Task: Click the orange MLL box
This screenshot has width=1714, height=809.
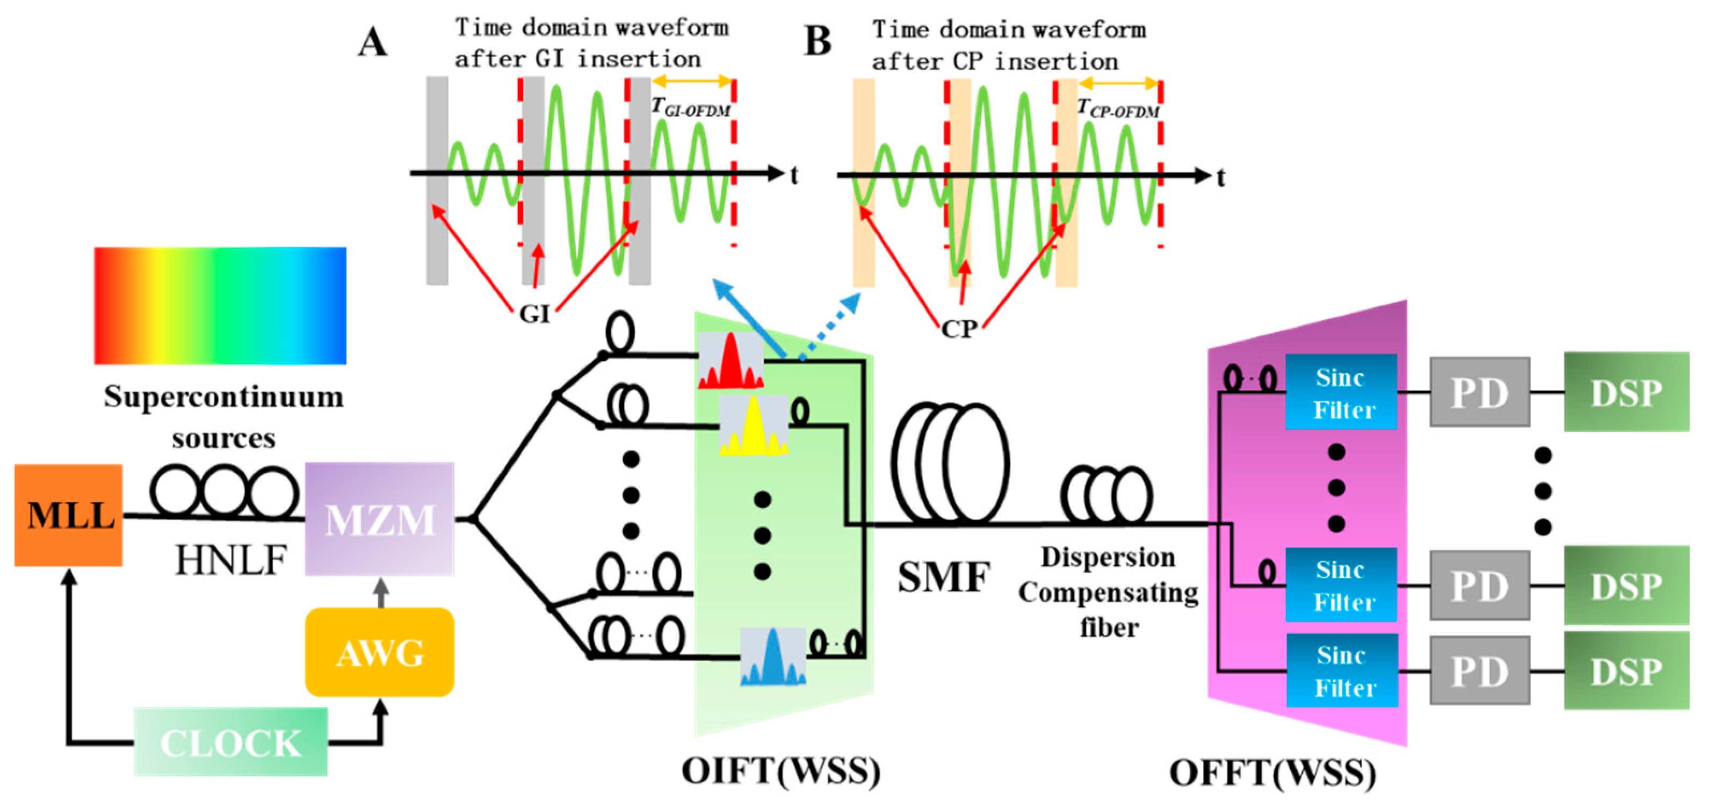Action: [x=69, y=516]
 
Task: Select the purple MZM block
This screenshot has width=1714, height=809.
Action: [x=379, y=519]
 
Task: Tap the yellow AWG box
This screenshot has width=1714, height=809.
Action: [x=379, y=652]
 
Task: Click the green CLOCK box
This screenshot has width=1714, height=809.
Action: [x=230, y=742]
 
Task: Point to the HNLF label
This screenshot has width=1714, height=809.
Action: [x=230, y=560]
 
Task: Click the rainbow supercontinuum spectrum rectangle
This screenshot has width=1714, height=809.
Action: [x=220, y=306]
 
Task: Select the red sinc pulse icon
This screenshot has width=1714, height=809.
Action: [x=731, y=360]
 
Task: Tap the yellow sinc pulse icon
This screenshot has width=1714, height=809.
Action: [x=753, y=426]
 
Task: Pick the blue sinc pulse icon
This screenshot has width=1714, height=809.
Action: [x=772, y=658]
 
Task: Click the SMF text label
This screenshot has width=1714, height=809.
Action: [x=944, y=576]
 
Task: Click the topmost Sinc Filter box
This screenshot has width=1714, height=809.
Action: [x=1341, y=393]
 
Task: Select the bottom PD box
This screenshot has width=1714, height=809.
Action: [x=1479, y=670]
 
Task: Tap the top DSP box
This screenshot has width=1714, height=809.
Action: [x=1625, y=393]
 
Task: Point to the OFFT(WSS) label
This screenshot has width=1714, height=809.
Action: [x=1272, y=774]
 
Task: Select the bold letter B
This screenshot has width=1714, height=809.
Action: [x=818, y=41]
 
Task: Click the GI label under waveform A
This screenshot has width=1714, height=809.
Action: [x=534, y=314]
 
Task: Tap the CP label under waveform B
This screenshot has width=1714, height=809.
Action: [x=959, y=329]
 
